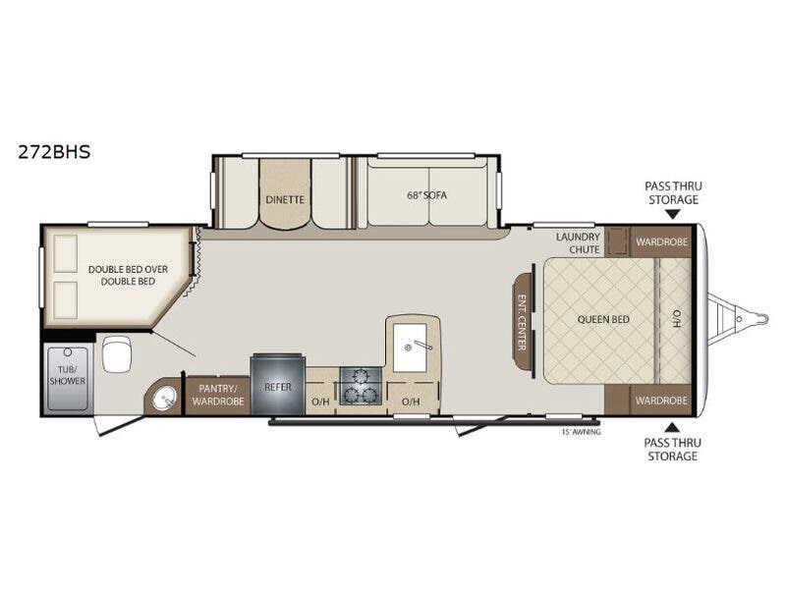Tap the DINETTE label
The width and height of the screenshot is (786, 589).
tap(285, 199)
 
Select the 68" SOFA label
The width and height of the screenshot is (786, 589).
tap(426, 195)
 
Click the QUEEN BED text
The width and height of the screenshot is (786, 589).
tap(604, 319)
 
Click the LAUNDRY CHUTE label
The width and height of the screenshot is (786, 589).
tap(578, 242)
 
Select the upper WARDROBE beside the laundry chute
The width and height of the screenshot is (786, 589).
tap(660, 241)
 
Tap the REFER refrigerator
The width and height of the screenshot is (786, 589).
tap(278, 387)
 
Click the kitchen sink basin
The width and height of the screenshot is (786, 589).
tap(409, 346)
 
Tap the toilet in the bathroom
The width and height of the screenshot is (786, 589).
tap(116, 354)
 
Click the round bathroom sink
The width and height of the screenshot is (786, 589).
tap(162, 400)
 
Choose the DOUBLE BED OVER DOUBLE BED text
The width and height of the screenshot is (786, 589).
tap(121, 275)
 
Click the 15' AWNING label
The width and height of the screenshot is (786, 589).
tap(581, 431)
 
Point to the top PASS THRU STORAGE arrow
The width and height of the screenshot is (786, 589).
tap(672, 213)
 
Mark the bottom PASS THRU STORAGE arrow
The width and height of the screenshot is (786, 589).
tap(672, 427)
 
